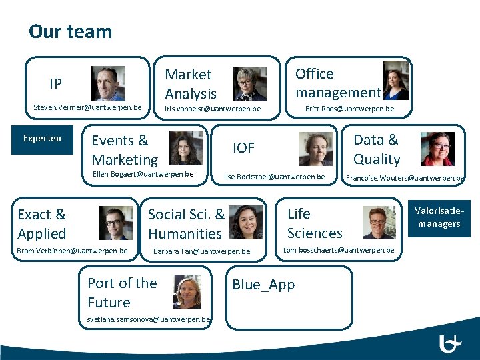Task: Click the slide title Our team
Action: click(70, 31)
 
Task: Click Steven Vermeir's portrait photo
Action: click(107, 83)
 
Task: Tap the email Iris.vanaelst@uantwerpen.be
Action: click(207, 108)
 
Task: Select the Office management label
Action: click(337, 83)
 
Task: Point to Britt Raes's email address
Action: click(349, 109)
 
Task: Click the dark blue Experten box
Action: click(42, 139)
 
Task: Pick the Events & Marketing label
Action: click(125, 150)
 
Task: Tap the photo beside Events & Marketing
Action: click(186, 148)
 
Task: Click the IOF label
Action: click(243, 148)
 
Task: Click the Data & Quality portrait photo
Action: click(437, 149)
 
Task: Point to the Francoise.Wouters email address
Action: click(405, 178)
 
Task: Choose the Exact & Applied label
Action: click(42, 224)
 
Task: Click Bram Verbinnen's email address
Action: click(73, 251)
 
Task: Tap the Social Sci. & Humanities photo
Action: click(245, 222)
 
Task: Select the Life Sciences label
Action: click(315, 223)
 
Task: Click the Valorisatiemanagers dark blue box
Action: click(439, 217)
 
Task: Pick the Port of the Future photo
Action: click(187, 292)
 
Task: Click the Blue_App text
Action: click(263, 285)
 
